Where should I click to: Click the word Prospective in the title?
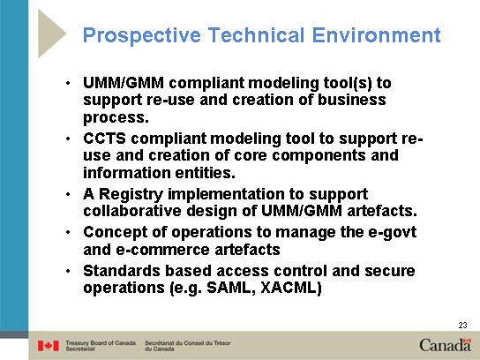click(142, 36)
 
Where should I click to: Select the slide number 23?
click(462, 325)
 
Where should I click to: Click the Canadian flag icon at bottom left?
click(49, 346)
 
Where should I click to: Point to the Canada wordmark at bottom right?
click(445, 345)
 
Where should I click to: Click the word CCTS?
click(104, 139)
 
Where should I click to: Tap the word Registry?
click(131, 195)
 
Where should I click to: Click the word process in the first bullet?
click(116, 117)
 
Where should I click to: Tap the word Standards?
click(121, 271)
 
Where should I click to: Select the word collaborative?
click(132, 211)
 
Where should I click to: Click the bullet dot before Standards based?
click(68, 271)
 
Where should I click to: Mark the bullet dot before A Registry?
click(68, 194)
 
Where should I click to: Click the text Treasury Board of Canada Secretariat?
click(101, 346)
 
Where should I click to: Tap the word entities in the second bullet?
click(205, 173)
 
